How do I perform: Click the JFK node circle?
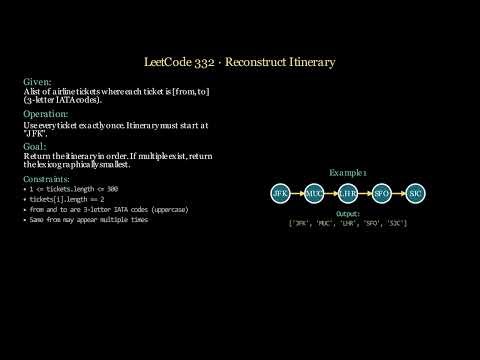tap(280, 191)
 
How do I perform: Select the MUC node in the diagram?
tap(314, 191)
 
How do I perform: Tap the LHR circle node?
tap(348, 191)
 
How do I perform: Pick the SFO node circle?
tap(382, 191)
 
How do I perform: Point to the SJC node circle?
tap(416, 191)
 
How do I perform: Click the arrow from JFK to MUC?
tap(297, 191)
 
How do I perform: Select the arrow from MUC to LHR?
tap(331, 191)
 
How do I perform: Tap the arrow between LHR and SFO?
tap(365, 191)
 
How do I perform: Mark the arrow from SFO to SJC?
tap(399, 191)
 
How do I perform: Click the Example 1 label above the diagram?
tap(348, 172)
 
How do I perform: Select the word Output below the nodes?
tap(347, 213)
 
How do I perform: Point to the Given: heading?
tap(38, 81)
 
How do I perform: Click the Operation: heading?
tap(45, 114)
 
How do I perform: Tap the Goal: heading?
tap(36, 146)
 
